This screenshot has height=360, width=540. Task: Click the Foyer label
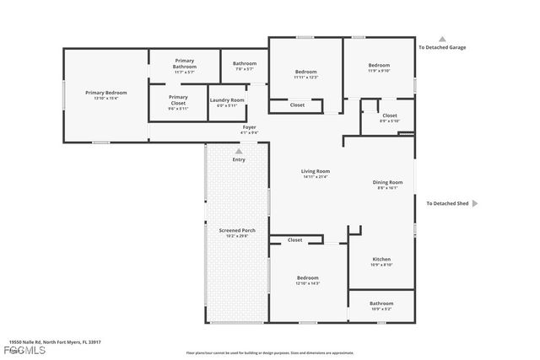point(249,127)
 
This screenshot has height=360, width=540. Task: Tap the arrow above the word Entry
point(239,151)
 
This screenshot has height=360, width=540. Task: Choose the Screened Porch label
point(237,230)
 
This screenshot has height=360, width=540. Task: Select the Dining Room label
point(387,182)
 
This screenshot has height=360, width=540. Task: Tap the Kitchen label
point(381,259)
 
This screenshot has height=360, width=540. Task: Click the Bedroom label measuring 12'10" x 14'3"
point(307,278)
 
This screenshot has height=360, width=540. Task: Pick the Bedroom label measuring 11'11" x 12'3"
point(305,72)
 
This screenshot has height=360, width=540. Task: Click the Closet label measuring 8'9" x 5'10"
point(389,116)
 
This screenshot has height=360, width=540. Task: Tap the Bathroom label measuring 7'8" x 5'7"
point(245,63)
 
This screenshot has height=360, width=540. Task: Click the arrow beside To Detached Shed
point(475,203)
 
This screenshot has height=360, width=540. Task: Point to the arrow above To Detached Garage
point(441,38)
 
